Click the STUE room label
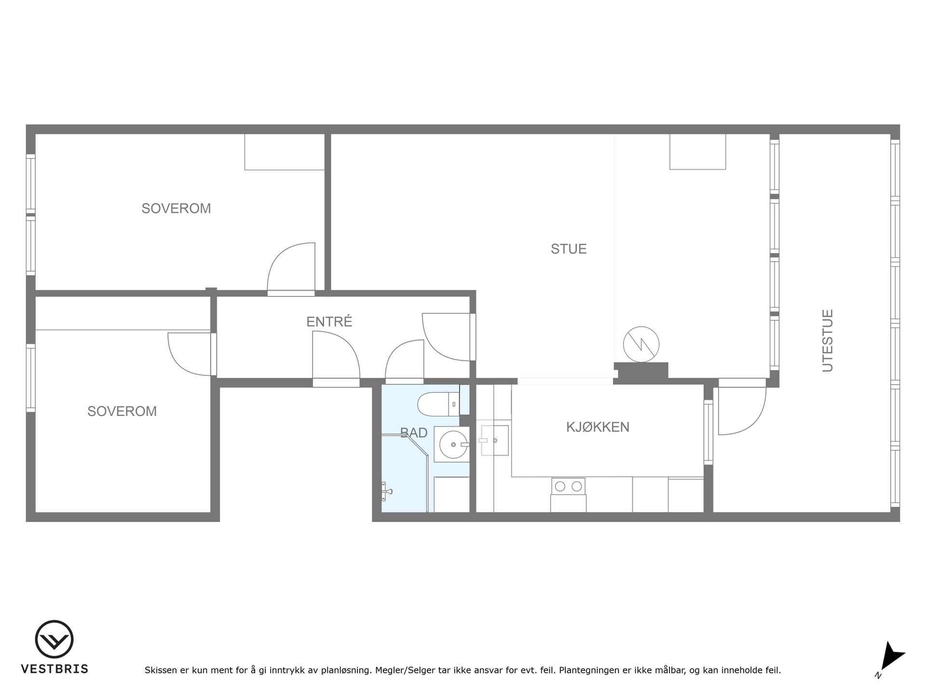point(569,249)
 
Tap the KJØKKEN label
point(598,427)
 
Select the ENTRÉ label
point(329,321)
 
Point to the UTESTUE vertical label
point(828,340)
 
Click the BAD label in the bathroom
point(414,433)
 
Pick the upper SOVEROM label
point(176,208)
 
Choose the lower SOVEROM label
point(122,411)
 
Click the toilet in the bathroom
point(438,404)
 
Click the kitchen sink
point(493,440)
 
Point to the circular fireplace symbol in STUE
point(641,345)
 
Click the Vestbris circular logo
point(54,640)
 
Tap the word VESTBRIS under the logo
point(54,669)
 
